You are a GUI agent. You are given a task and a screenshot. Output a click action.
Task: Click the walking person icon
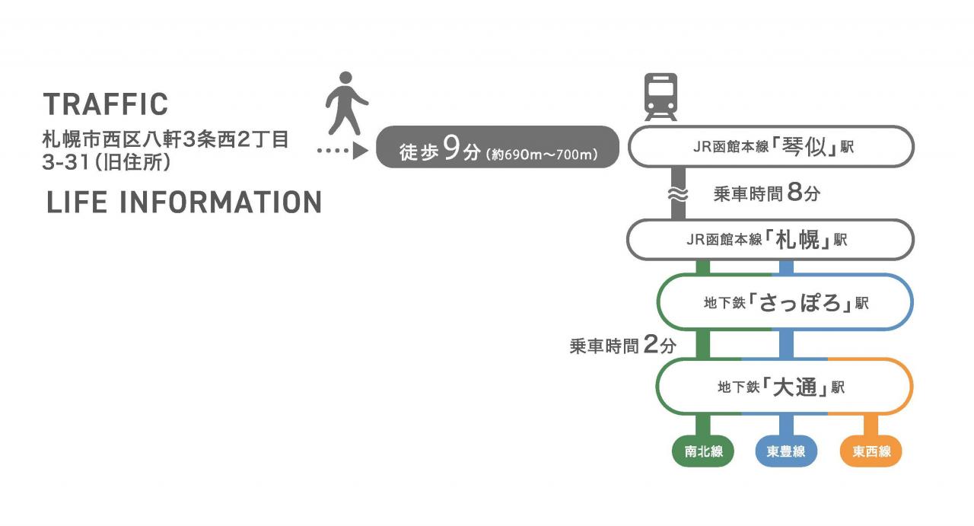coord(346,103)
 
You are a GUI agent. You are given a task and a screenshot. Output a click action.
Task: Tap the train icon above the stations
coord(660,97)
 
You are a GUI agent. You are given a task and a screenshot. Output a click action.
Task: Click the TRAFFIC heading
coord(106,104)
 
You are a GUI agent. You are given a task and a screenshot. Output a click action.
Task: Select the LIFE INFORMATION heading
coord(184,202)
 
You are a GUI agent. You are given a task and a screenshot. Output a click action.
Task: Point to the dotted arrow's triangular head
coord(360,151)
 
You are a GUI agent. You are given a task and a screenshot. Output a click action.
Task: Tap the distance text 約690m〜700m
coord(542,155)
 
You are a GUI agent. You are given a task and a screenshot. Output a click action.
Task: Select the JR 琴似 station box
coord(771,147)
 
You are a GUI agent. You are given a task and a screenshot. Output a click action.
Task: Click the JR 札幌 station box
coord(770,240)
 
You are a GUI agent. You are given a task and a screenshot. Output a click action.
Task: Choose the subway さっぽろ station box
coord(785,302)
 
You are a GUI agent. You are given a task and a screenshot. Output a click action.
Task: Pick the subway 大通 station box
coord(784,387)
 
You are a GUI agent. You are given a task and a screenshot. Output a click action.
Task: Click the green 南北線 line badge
coord(703,451)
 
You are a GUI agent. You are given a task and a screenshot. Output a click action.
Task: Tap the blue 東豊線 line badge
coord(786,451)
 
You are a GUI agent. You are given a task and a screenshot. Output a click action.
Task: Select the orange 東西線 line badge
coord(871,451)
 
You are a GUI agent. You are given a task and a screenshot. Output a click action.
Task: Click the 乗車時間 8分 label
coord(766,193)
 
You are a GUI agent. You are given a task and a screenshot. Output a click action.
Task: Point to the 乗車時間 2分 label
coord(622,345)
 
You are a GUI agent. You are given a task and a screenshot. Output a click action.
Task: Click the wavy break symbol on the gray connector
coord(678,194)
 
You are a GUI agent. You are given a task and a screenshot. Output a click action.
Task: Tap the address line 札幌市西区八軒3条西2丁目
coord(165,139)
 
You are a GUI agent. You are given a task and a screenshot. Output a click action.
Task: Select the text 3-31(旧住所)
coord(107,162)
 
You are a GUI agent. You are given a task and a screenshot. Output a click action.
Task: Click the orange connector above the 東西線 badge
coord(871,425)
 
